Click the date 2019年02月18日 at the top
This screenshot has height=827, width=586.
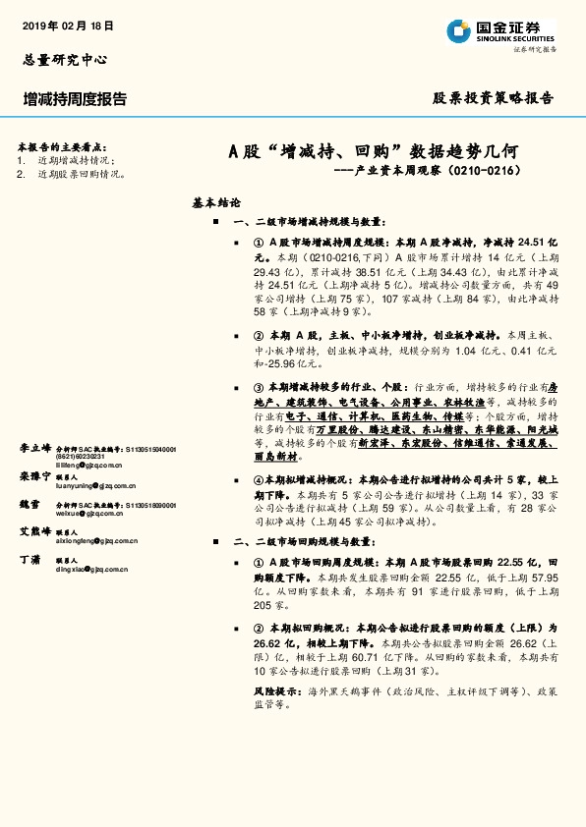pos(67,26)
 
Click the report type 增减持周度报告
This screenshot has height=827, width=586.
pos(75,99)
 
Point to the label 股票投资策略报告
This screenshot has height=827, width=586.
pos(494,98)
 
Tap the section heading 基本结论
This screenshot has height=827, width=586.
pos(217,203)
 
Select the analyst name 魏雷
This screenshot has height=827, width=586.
pos(29,504)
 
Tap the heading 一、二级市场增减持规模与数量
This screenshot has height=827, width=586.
pos(310,223)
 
